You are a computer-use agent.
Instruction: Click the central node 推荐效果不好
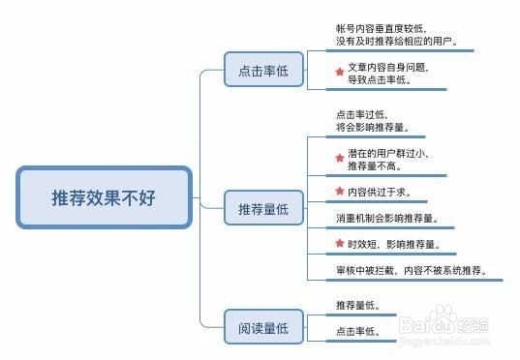click(104, 197)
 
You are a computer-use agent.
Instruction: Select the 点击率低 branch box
click(256, 72)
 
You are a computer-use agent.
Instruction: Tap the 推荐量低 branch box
click(256, 209)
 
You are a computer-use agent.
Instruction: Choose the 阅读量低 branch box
click(256, 328)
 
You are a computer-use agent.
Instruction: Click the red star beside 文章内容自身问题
click(339, 72)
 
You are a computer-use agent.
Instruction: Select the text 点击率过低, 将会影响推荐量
click(372, 120)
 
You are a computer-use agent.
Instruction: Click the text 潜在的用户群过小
click(388, 154)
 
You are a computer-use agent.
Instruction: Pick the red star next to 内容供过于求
click(339, 190)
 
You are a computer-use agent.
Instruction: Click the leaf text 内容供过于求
click(379, 191)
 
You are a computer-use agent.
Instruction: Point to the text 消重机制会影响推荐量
click(386, 218)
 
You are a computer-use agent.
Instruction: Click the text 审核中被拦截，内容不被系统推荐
click(411, 271)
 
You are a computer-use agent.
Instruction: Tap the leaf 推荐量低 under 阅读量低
click(358, 306)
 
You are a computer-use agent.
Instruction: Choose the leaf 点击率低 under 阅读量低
click(358, 332)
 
